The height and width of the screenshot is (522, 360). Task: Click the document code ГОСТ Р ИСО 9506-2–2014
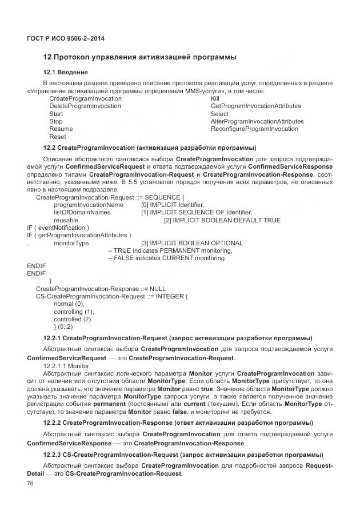tap(66, 38)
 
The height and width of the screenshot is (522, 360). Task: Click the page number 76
tap(30, 484)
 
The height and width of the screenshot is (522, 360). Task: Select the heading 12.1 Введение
tap(66, 72)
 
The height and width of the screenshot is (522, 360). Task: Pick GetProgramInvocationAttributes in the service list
tap(255, 106)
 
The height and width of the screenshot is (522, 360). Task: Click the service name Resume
tap(61, 129)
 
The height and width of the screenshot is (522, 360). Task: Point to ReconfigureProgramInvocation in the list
tap(254, 129)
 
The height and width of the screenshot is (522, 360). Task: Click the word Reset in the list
tap(58, 137)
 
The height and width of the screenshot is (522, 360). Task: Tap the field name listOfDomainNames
tap(82, 212)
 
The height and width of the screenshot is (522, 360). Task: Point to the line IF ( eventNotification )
tap(58, 228)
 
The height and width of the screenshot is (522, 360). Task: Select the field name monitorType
tap(71, 243)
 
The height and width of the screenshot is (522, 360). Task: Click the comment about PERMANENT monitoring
tap(170, 250)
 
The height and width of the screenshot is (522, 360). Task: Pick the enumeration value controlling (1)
tap(74, 312)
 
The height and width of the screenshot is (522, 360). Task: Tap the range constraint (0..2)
tap(63, 326)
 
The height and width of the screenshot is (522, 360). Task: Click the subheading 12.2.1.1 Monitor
tap(66, 364)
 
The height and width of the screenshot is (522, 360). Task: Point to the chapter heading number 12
tap(48, 57)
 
